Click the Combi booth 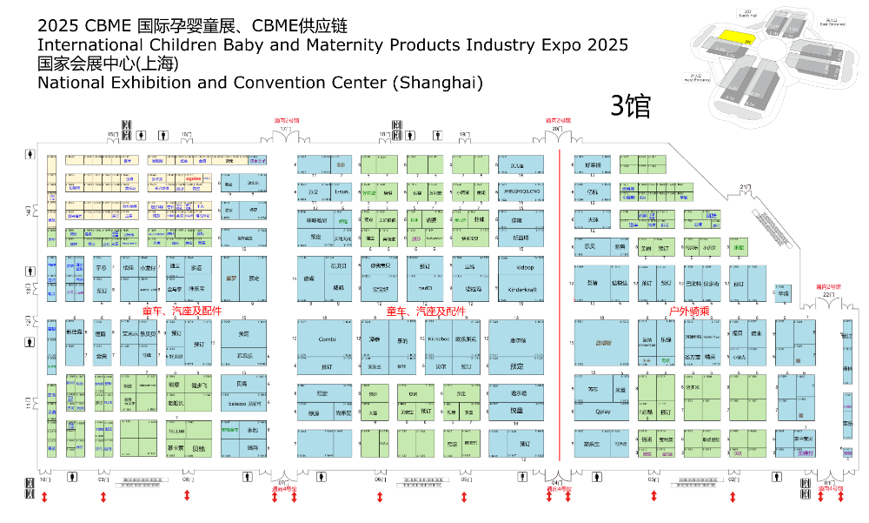point(327,339)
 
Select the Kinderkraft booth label point(521,288)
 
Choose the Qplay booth point(605,410)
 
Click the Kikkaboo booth point(439,339)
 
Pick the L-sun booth point(342,191)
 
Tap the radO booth point(425,287)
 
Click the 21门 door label point(745,187)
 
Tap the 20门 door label point(558,129)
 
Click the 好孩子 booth point(593,164)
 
